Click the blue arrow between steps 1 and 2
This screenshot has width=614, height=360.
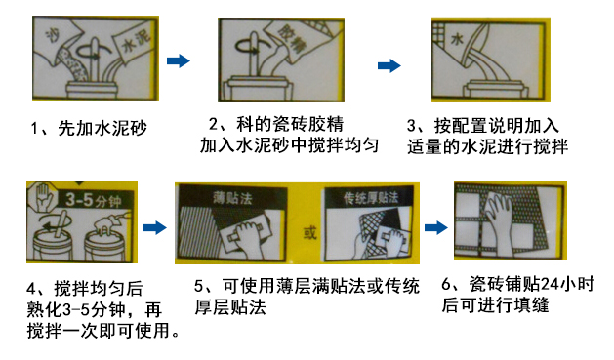click(x=179, y=60)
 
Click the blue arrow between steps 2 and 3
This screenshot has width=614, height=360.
click(x=389, y=65)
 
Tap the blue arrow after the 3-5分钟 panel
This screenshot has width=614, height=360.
click(x=155, y=227)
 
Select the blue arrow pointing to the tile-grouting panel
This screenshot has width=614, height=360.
click(x=436, y=227)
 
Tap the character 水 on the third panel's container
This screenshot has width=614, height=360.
click(x=457, y=39)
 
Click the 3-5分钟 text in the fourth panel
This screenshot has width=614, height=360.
click(x=94, y=200)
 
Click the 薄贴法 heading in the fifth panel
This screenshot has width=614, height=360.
click(x=232, y=198)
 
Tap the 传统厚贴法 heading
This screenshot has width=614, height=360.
click(x=371, y=198)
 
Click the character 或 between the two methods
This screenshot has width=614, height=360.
click(x=309, y=233)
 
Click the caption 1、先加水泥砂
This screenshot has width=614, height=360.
click(x=89, y=128)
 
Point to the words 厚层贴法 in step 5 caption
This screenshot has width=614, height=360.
click(x=230, y=307)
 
